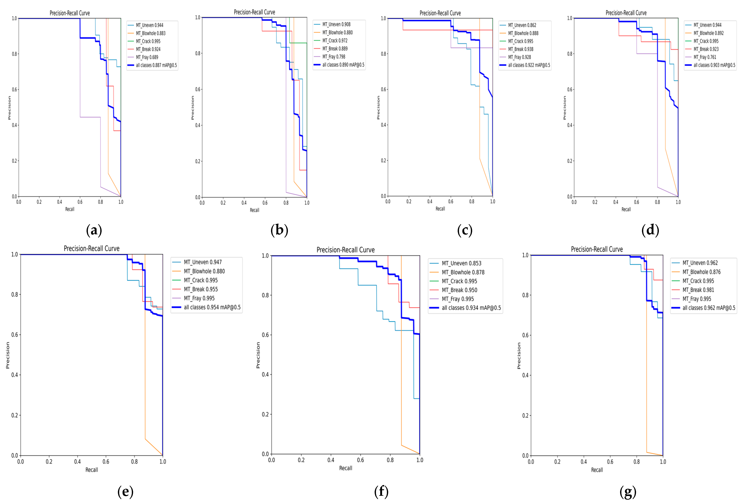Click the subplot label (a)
pos(94,230)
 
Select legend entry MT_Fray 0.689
pos(147,57)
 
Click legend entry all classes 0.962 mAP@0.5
pos(709,308)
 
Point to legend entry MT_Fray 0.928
pos(519,57)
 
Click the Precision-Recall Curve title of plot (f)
pos(345,250)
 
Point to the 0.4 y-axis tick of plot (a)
pos(14,125)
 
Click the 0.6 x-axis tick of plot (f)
pos(360,460)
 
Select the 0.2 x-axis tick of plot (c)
pos(409,201)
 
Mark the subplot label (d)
pos(650,230)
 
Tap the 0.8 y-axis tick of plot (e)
pos(14,294)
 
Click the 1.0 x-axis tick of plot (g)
pos(663,462)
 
